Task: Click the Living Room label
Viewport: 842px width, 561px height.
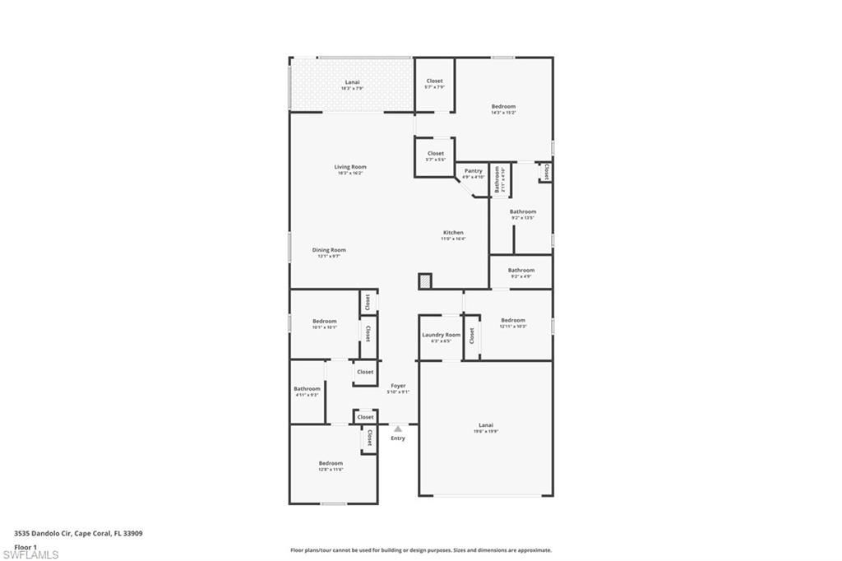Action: (350, 167)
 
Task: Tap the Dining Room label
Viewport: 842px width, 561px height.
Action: (329, 250)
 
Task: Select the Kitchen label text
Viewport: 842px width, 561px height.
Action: (453, 233)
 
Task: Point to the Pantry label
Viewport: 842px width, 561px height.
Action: (473, 171)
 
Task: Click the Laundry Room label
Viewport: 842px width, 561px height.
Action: (442, 335)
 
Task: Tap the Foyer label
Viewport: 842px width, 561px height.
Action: (398, 385)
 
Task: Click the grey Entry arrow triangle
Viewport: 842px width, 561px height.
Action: (398, 429)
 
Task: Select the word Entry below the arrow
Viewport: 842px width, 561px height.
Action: (398, 438)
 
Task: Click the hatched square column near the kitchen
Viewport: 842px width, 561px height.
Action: (424, 281)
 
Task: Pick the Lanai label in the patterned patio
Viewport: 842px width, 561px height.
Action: (352, 82)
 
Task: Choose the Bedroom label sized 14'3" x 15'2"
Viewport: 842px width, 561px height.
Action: (503, 106)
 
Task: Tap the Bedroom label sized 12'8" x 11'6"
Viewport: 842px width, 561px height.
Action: (331, 463)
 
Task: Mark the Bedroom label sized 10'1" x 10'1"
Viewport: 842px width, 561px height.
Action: (324, 321)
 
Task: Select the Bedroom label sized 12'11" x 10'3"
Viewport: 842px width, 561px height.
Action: (512, 320)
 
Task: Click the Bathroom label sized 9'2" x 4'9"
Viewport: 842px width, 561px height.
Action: (520, 270)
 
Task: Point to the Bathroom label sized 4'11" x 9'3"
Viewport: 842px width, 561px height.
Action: (307, 388)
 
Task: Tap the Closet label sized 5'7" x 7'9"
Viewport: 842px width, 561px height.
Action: (434, 81)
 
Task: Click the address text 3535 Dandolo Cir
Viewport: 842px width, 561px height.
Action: (43, 533)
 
